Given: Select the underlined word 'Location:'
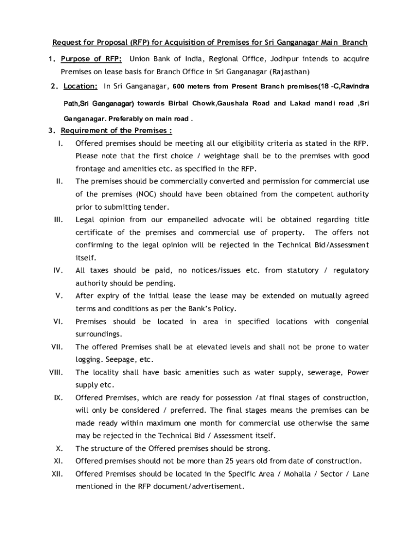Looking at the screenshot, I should [81, 86].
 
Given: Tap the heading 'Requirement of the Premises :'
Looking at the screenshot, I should [116, 130].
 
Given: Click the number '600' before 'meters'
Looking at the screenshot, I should [180, 86].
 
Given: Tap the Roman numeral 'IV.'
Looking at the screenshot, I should [59, 270].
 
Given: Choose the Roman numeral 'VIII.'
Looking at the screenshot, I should [56, 372].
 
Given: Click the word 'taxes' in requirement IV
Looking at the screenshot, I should [100, 270].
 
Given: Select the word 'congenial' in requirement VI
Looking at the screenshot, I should [351, 322].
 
